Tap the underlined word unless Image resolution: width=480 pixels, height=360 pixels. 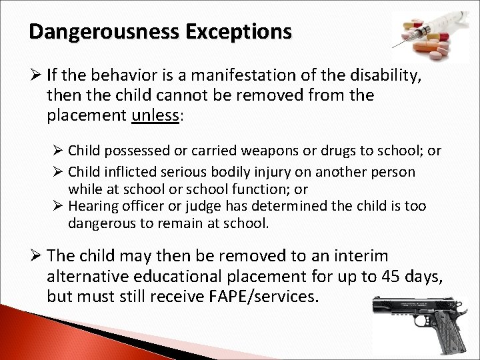tap(156, 115)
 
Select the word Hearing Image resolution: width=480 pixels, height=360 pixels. tap(93, 207)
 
